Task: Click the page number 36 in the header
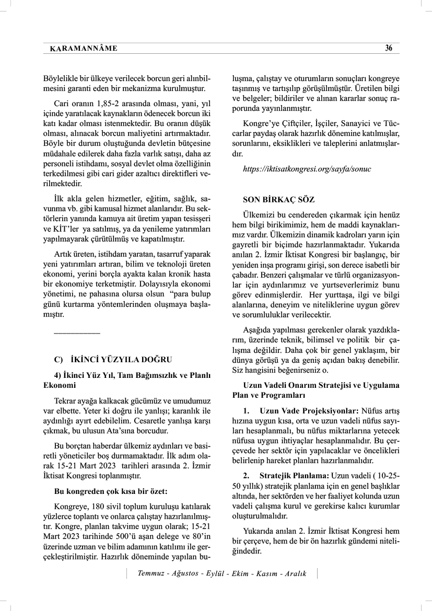tap(389, 49)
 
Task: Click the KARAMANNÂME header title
tap(83, 49)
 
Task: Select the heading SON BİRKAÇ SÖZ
tap(279, 200)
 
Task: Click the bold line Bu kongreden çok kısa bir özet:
tap(111, 491)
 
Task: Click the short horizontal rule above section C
tap(77, 332)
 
